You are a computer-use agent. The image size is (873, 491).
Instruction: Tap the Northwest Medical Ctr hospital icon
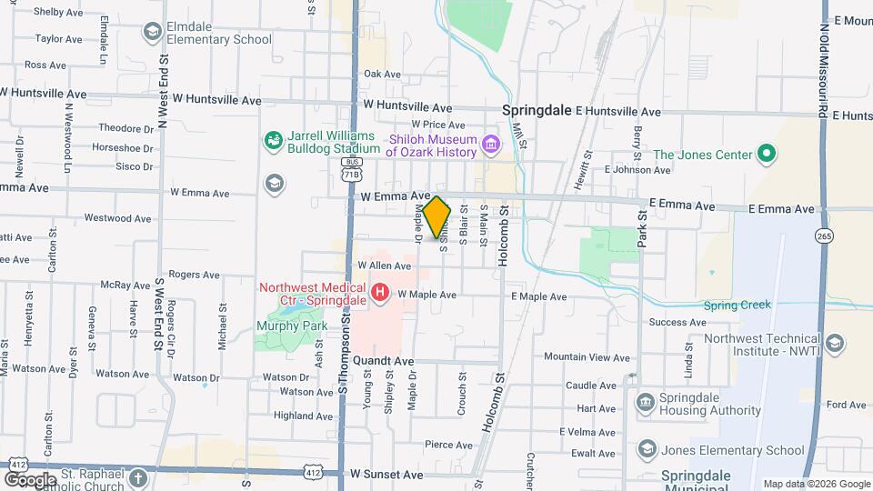[x=382, y=293]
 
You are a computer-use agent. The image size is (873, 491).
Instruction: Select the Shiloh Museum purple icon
[x=491, y=143]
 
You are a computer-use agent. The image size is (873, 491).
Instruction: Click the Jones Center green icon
[x=766, y=154]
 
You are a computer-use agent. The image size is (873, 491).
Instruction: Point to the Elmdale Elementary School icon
[x=152, y=33]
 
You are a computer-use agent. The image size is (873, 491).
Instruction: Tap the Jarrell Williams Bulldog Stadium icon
[x=273, y=140]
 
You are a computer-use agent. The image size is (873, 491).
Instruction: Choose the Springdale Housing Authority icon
[x=645, y=402]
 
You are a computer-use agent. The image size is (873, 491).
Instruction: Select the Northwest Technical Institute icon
[x=835, y=344]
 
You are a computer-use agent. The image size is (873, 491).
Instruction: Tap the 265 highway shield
[x=824, y=235]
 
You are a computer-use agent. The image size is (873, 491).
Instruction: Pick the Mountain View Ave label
[x=587, y=357]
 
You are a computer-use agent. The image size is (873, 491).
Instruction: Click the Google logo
[x=31, y=479]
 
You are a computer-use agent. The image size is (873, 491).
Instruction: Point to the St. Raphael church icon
[x=136, y=477]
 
